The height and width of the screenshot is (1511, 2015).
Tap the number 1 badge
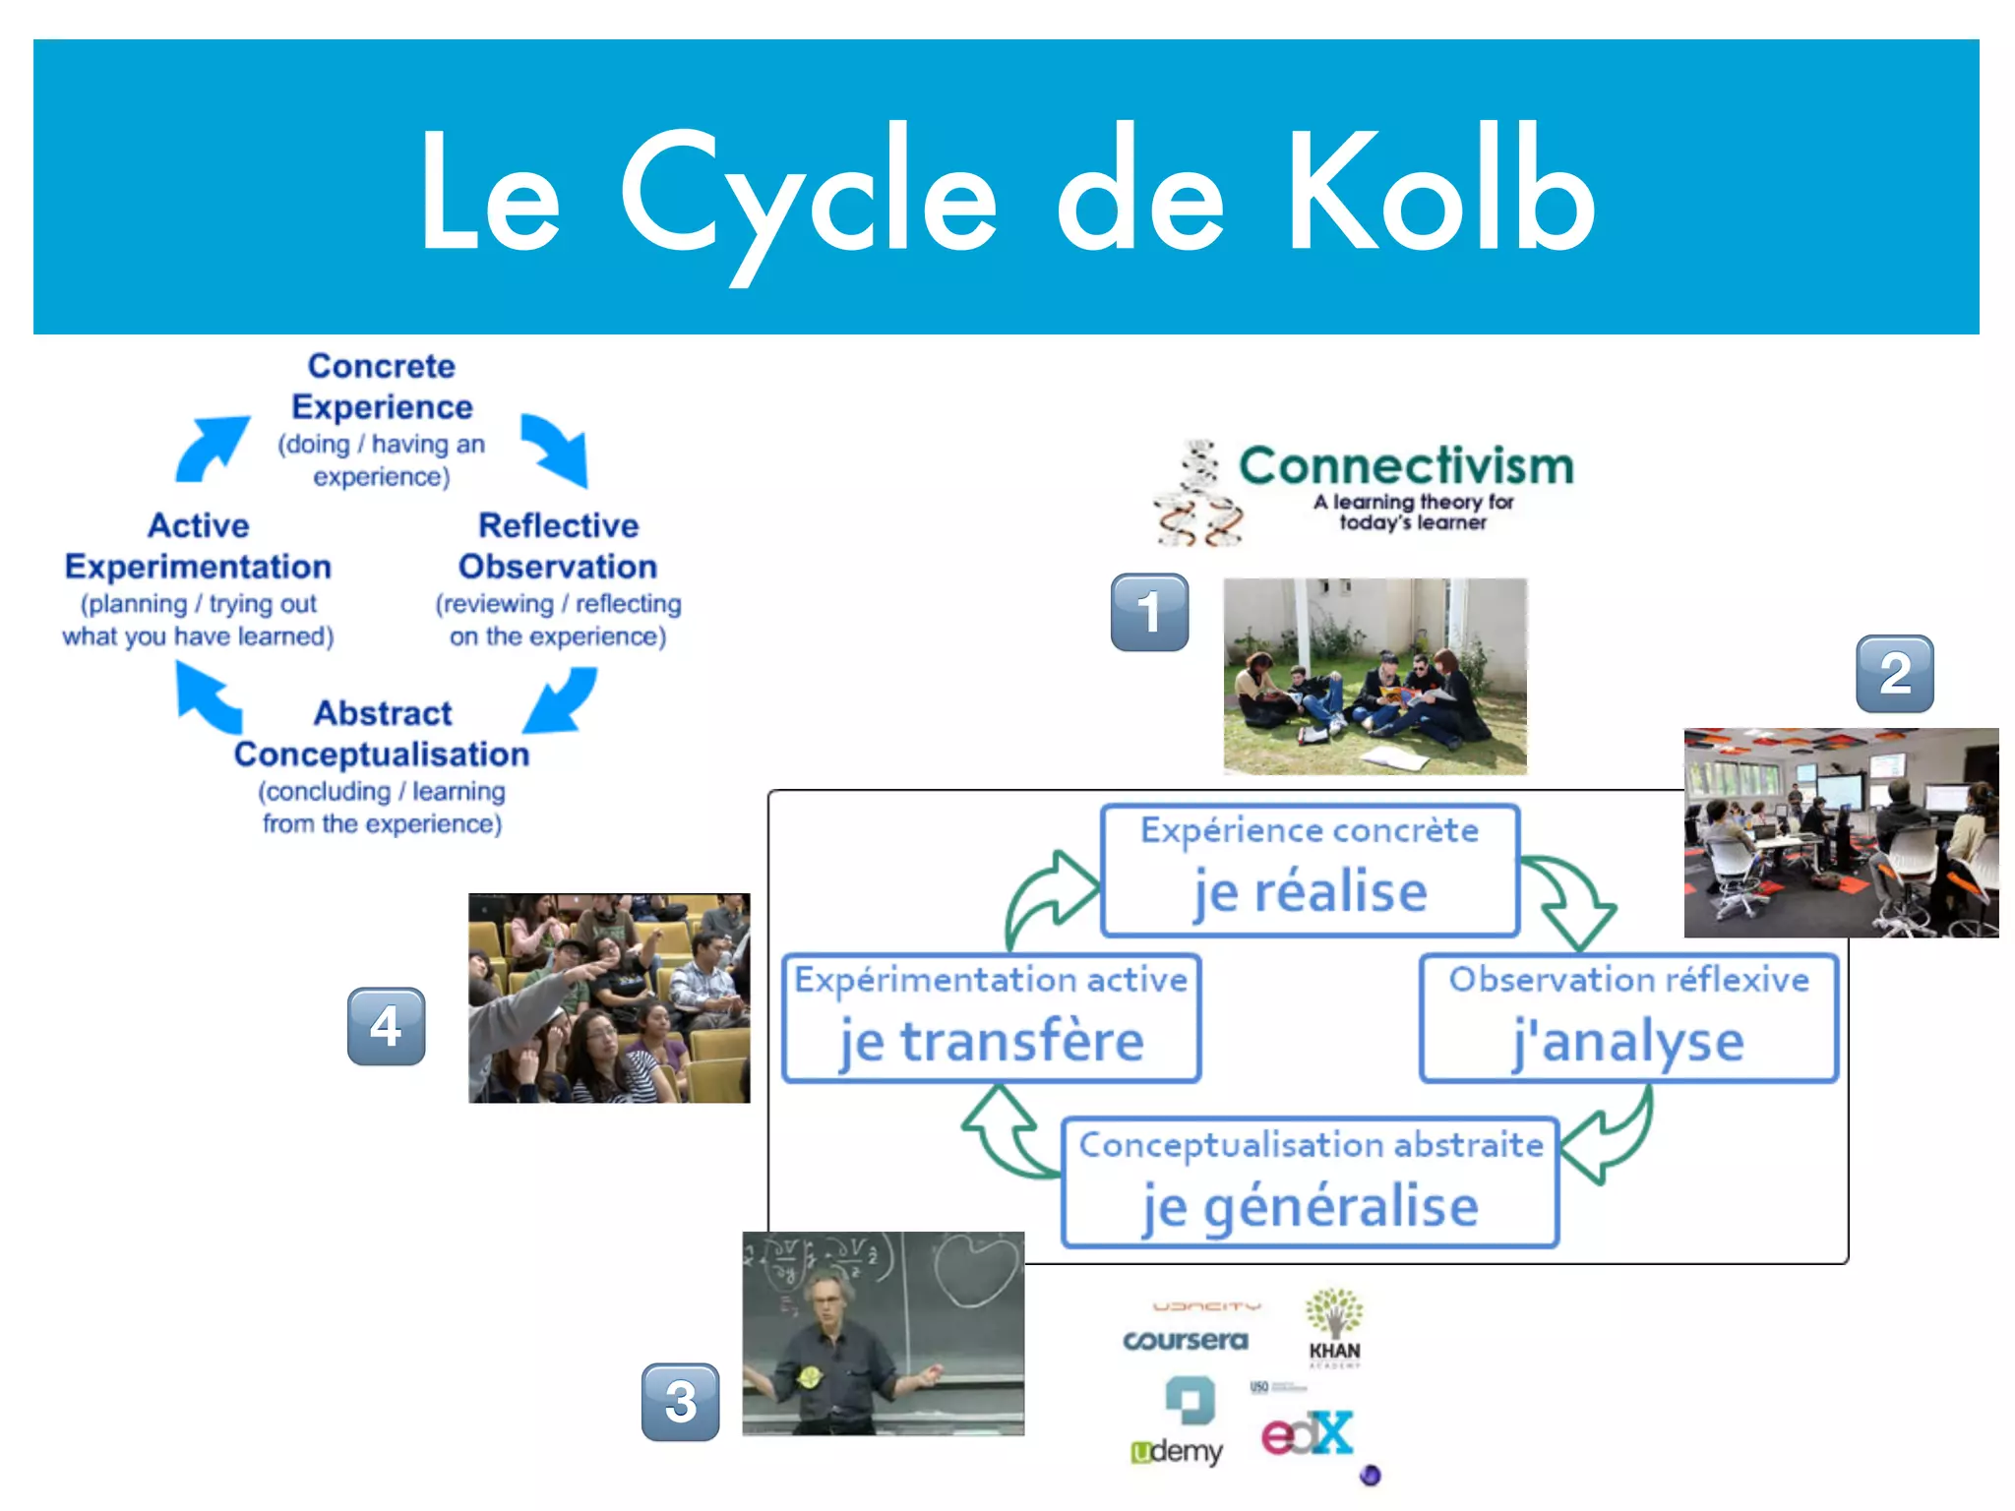1149,612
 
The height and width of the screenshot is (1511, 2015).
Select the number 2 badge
1894,674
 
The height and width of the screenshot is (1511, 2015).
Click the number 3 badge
680,1402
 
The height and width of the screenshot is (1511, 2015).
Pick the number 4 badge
386,1026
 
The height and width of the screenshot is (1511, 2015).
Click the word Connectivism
1406,466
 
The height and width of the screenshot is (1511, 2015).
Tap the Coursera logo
1185,1340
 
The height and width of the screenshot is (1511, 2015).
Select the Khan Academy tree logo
1334,1313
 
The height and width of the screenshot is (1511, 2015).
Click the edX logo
1307,1435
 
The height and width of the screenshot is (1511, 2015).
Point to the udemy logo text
1178,1451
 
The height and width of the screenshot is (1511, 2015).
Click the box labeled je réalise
1310,871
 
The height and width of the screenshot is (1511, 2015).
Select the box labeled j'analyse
1628,1018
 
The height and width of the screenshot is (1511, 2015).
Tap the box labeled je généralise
1310,1182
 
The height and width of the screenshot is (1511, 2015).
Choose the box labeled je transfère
991,1018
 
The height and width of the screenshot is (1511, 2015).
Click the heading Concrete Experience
382,387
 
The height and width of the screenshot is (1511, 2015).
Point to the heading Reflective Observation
558,546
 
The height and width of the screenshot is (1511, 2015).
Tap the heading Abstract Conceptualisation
382,734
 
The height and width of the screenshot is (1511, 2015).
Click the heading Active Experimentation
198,546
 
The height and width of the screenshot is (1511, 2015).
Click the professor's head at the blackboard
825,1296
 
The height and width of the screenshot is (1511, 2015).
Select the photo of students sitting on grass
1374,676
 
